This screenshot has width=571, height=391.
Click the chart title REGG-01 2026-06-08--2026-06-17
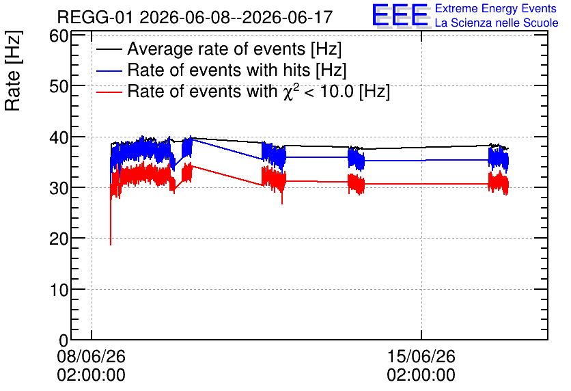point(195,17)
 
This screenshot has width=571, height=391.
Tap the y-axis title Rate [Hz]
point(13,70)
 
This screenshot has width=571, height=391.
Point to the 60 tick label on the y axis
point(59,36)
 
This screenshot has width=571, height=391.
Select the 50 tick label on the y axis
point(59,87)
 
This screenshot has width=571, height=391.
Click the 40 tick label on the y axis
point(59,138)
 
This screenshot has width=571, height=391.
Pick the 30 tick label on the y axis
point(59,189)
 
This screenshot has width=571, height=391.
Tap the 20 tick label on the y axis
point(59,239)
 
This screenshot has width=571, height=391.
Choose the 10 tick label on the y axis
point(59,290)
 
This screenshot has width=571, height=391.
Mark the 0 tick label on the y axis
point(64,340)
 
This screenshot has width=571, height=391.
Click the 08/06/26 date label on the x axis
point(91,356)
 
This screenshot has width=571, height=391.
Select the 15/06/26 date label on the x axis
point(421,356)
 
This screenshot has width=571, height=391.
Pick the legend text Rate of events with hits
point(237,70)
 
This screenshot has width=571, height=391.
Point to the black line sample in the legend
point(109,49)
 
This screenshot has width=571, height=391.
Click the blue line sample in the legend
point(109,70)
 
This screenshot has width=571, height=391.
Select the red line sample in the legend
point(109,92)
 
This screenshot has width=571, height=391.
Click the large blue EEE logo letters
point(400,15)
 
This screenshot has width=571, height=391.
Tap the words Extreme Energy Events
point(496,8)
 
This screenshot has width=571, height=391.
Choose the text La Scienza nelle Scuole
point(497,23)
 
